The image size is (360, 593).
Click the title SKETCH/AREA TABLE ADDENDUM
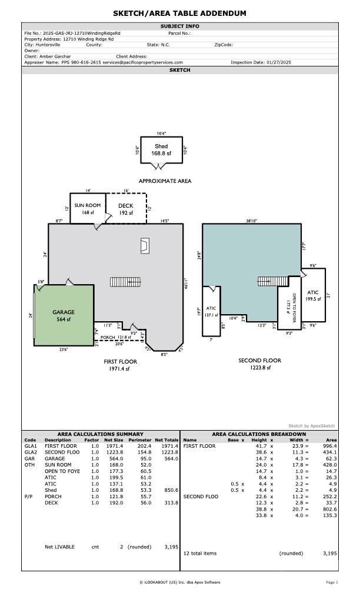(x=180, y=14)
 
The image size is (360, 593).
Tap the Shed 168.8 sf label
(x=161, y=149)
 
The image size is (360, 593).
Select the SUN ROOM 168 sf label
(x=87, y=209)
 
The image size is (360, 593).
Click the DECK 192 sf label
(x=126, y=209)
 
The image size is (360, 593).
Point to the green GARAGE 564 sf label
(x=64, y=315)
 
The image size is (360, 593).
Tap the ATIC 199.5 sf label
(x=313, y=295)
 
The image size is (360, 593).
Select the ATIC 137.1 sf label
(x=211, y=311)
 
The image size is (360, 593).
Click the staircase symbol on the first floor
(x=126, y=282)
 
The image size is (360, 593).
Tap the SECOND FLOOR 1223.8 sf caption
(x=259, y=364)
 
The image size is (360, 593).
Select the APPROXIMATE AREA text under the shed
(x=165, y=181)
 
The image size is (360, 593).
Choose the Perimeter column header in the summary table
(x=140, y=440)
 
